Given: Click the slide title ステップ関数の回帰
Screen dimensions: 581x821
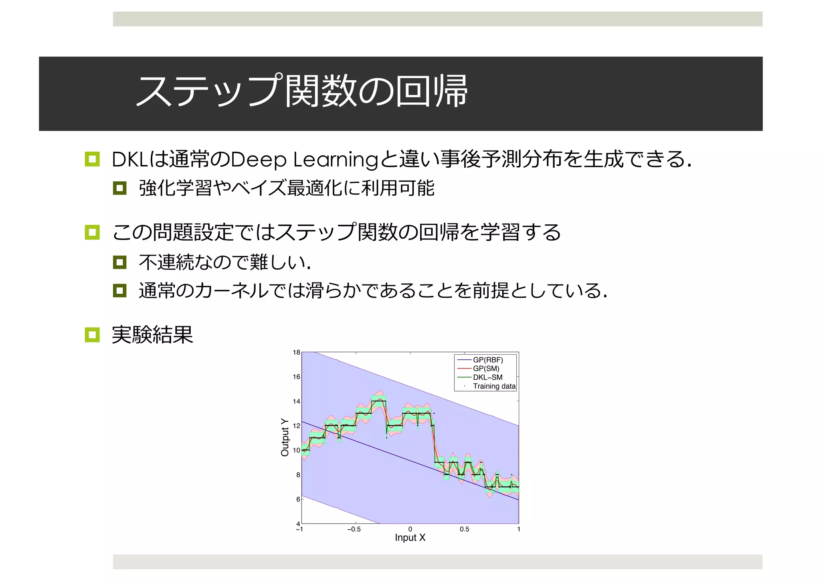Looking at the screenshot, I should click(301, 91).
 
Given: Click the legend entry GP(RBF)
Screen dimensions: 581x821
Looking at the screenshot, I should click(487, 360).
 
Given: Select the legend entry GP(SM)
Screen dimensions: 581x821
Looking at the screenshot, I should click(486, 369).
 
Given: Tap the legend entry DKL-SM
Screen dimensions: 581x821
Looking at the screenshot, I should click(487, 378).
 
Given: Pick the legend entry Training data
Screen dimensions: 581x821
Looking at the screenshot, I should click(494, 386).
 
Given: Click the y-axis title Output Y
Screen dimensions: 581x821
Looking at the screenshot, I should click(285, 437).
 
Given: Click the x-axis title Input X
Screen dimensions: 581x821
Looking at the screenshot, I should click(410, 538).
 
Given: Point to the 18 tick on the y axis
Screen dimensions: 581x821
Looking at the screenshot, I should click(296, 352).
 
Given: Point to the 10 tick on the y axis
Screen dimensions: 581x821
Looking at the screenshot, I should click(296, 450).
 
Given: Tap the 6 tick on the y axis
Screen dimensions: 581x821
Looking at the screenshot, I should click(298, 499).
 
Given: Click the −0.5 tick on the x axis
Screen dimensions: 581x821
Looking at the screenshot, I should click(354, 529).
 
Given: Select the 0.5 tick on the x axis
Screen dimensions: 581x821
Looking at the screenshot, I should click(464, 529).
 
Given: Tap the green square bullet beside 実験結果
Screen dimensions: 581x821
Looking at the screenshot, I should click(92, 335).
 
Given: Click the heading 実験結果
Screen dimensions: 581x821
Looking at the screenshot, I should click(152, 335).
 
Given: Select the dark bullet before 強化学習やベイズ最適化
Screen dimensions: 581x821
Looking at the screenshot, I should click(119, 188).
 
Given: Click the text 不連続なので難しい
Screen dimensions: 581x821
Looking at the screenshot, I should click(224, 262).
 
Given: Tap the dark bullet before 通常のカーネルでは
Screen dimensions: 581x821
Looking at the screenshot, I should click(119, 290).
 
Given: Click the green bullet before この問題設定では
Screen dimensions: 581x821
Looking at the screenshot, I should click(92, 232).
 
